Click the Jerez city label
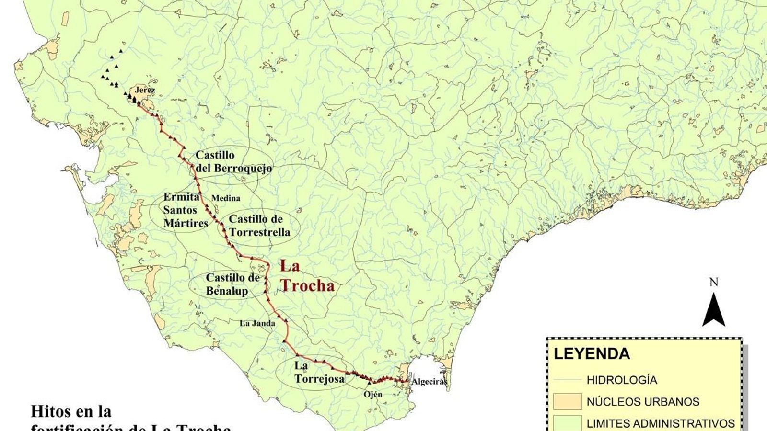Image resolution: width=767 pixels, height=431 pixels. coord(145,90)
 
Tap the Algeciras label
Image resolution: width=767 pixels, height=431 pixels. coord(429,382)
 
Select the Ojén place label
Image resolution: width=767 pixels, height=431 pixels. coord(373,394)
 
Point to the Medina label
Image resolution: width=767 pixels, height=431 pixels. coord(226,198)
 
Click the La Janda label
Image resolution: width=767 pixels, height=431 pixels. coord(257,323)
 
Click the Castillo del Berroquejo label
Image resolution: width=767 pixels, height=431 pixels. coord(233,162)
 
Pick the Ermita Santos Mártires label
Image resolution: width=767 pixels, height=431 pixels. coord(186,210)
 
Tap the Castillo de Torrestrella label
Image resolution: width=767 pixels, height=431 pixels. coord(259,226)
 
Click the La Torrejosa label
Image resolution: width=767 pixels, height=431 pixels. coord(319,372)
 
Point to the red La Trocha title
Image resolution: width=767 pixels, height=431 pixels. coord(307,276)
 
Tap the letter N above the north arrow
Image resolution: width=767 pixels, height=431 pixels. coord(714,283)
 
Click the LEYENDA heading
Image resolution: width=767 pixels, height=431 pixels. coord(592,354)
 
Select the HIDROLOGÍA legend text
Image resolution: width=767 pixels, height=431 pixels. coord(622,380)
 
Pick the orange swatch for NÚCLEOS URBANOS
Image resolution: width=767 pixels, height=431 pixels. coord(567,402)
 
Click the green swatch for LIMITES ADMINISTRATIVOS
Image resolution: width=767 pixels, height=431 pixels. coord(567,423)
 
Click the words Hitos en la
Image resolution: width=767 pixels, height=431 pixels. coord(71,411)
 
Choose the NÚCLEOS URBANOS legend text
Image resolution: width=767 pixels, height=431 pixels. coord(643,402)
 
